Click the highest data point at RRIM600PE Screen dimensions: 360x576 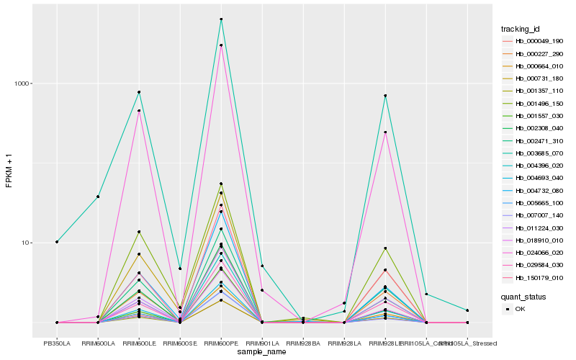(x=221, y=19)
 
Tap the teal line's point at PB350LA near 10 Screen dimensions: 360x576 (x=57, y=242)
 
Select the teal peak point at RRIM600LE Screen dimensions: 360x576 (x=139, y=92)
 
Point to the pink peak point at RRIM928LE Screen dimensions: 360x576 (x=385, y=132)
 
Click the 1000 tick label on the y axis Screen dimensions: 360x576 (x=24, y=84)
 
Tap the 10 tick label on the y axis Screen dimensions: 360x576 (x=27, y=243)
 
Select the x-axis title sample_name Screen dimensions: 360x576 (x=262, y=352)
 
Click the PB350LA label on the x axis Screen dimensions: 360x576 (x=57, y=343)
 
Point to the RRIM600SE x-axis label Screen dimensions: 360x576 (x=180, y=343)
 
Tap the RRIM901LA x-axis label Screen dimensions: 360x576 (x=262, y=343)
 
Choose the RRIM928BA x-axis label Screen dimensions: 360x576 (x=303, y=343)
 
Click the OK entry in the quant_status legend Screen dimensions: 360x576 (x=520, y=309)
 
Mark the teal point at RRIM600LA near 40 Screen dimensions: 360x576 (x=98, y=197)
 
